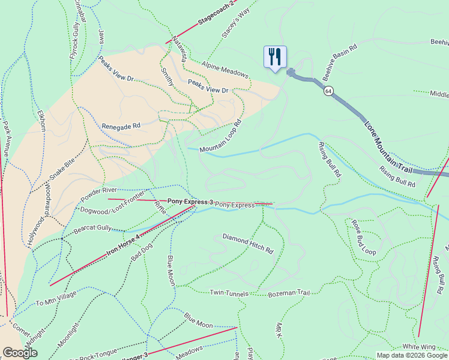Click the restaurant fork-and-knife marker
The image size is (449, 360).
[x=275, y=57]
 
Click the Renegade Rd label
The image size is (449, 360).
[x=121, y=127]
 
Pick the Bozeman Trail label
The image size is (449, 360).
[x=289, y=293]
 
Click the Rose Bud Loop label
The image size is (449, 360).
[x=364, y=237]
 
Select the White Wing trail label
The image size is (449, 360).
[x=418, y=347]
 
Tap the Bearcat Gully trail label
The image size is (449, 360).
[x=93, y=228]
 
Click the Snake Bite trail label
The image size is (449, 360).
[x=62, y=170]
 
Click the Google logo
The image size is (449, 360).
[x=20, y=353]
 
